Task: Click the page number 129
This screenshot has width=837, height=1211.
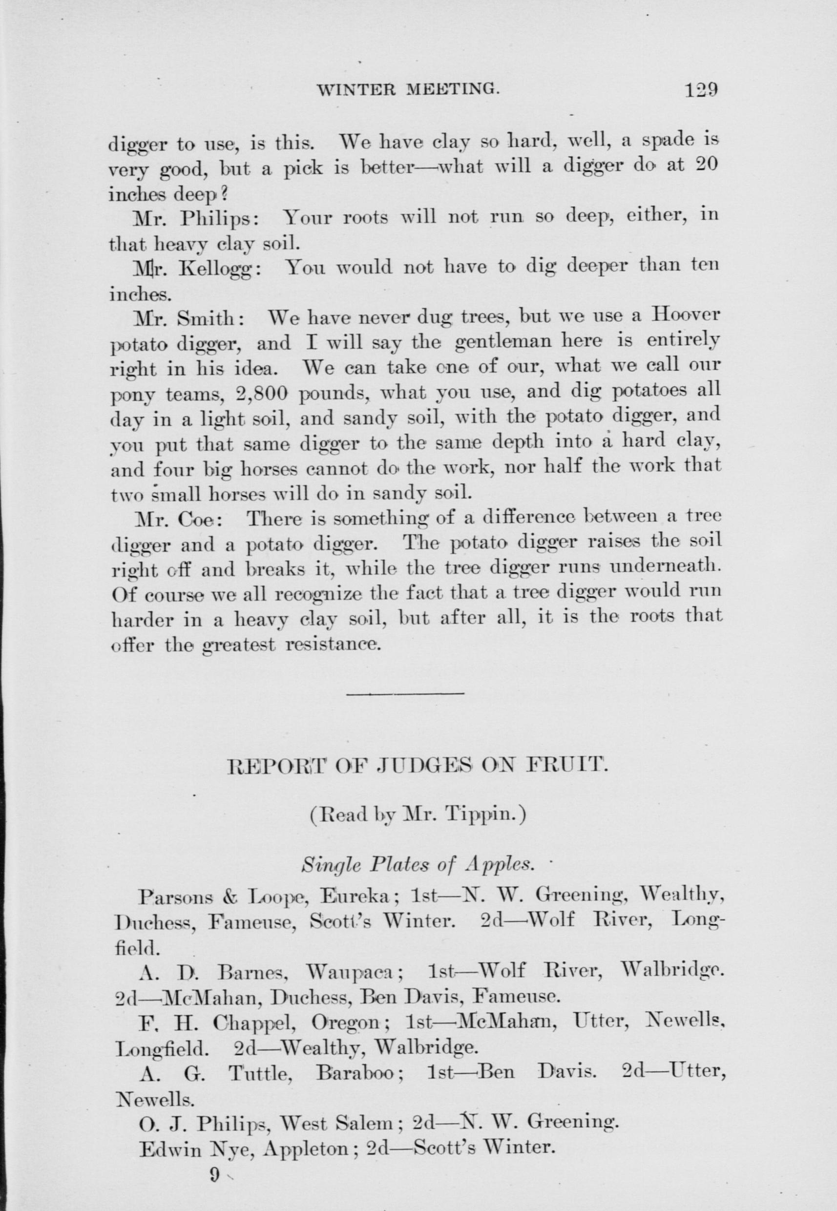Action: (x=700, y=90)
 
